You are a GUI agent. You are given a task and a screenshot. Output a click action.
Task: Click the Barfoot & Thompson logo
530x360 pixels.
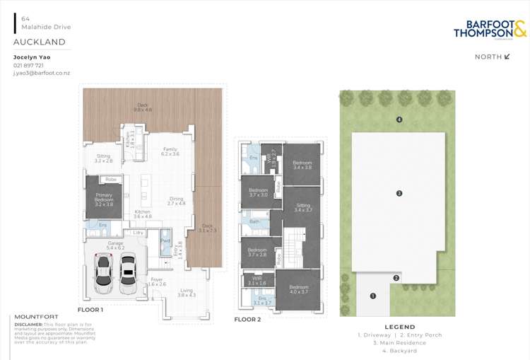click(490, 30)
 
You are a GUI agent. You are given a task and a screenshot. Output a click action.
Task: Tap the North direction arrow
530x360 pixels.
click(507, 57)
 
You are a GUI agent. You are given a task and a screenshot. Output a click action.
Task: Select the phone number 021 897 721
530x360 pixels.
click(28, 66)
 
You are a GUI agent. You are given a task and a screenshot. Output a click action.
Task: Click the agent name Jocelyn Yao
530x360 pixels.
click(32, 57)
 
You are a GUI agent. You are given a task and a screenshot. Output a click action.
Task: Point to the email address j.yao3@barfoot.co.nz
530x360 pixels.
click(42, 74)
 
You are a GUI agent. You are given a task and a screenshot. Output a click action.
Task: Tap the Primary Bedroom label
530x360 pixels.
click(104, 197)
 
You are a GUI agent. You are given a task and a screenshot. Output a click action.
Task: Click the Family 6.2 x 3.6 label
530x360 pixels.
click(170, 151)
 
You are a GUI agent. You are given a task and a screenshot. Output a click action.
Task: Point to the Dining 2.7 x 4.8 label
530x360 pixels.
click(175, 201)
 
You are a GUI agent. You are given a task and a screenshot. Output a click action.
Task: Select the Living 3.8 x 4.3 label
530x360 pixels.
click(186, 293)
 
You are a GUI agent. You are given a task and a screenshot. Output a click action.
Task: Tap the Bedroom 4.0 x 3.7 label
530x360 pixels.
click(298, 289)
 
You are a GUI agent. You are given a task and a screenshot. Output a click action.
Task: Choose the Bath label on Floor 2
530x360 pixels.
click(254, 221)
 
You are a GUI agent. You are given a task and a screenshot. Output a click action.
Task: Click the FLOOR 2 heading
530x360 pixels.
click(247, 320)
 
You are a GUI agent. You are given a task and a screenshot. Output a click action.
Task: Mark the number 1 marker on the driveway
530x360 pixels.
click(373, 296)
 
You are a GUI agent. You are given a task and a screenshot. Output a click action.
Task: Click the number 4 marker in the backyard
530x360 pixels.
click(399, 120)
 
